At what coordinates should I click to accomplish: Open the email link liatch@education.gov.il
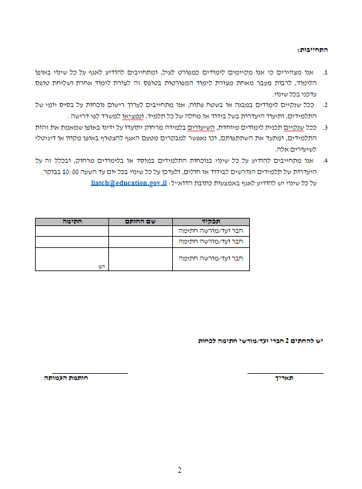pos(128,183)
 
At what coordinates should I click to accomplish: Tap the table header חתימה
pos(71,221)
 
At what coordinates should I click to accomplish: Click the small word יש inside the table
pos(99,267)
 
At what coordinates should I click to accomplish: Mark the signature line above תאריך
pos(286,373)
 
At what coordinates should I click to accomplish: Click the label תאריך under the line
pos(286,379)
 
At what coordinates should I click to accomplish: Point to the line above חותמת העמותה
pos(90,373)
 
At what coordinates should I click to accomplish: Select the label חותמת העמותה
pos(65,379)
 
